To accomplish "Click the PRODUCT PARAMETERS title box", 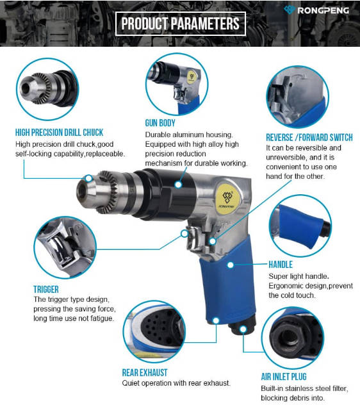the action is pos(180,24).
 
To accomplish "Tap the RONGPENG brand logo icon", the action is pos(290,10).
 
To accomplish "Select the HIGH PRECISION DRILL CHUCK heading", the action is pos(59,133).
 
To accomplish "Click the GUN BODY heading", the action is pos(160,123).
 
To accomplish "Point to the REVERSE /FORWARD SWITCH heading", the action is pos(309,137).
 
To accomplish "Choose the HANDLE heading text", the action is pos(281,265).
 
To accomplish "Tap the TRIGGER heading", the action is pos(46,289).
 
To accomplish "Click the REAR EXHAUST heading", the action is pos(145,372).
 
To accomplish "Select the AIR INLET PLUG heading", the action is pos(284,377).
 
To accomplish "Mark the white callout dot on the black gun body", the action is pos(178,185).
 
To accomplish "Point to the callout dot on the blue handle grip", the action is pos(231,265).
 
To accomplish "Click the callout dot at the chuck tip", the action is pos(88,178).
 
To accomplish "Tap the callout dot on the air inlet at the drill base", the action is pos(243,329).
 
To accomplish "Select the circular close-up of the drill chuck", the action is pos(47,89).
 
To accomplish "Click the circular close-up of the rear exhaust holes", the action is pos(154,331).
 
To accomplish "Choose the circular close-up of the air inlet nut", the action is pos(293,338).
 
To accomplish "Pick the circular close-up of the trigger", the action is pos(65,247).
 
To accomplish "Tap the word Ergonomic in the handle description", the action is pos(286,286).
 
